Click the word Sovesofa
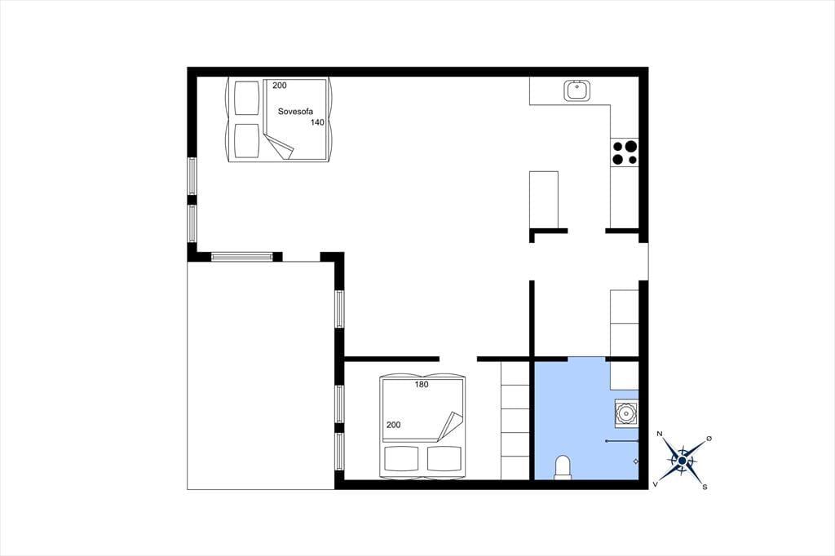click(x=295, y=112)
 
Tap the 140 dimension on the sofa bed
click(x=317, y=122)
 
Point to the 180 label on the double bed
click(x=422, y=385)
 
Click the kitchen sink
click(x=577, y=90)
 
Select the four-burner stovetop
click(x=625, y=152)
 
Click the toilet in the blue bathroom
click(x=563, y=468)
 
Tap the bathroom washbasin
click(x=626, y=413)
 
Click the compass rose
click(x=683, y=461)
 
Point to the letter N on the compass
click(x=660, y=434)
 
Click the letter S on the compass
click(x=705, y=487)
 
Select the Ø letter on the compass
click(x=709, y=439)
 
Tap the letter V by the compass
click(x=656, y=484)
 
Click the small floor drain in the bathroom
click(x=635, y=461)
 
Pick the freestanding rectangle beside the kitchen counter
click(x=544, y=200)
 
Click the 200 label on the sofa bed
click(x=280, y=86)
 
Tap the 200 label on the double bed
click(x=394, y=425)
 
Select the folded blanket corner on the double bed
click(x=449, y=426)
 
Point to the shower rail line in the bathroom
click(x=622, y=442)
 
